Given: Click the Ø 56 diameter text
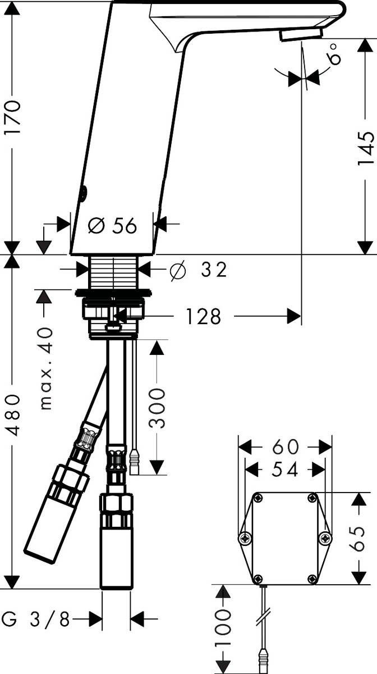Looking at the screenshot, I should pos(113,226).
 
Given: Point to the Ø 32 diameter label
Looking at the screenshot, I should pos(199,270).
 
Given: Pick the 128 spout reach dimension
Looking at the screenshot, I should pos(201,317).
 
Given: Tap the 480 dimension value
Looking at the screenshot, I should pos(13,416).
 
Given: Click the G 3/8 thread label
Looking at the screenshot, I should pos(36,620).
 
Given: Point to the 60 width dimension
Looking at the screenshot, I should pos(285,447).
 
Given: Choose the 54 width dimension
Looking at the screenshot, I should pos(285,470).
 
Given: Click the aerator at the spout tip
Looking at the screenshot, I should pos(301,35).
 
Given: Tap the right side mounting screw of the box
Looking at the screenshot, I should pos(324,538).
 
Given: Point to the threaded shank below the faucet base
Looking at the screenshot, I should pos(113,272).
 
